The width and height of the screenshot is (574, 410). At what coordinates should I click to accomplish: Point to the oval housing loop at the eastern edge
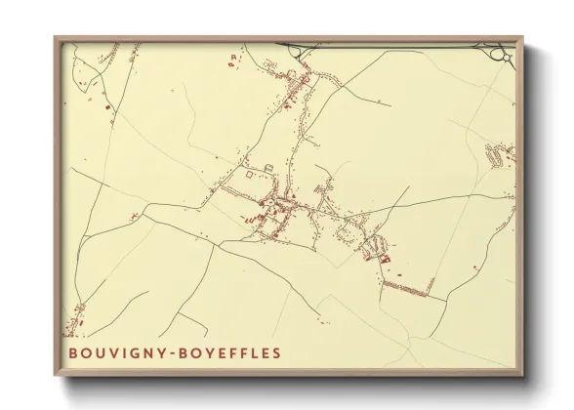point(500,153)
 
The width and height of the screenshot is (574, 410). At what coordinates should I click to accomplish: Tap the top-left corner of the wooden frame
point(55,37)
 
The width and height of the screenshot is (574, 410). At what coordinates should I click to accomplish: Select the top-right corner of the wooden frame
point(523,37)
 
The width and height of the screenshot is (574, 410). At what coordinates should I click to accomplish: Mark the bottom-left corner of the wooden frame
point(55,377)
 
